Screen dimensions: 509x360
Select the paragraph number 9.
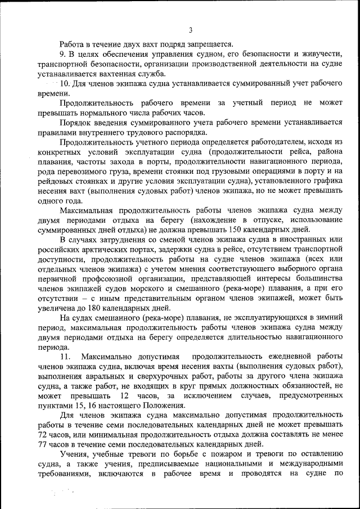tap(63, 53)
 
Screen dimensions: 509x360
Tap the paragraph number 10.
tap(64, 83)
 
